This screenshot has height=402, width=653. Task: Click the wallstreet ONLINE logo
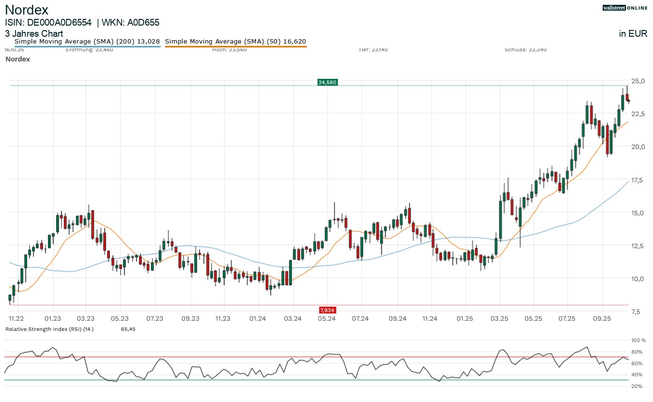pos(624,8)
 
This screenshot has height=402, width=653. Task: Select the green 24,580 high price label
pos(327,82)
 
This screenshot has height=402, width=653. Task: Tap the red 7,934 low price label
pos(327,310)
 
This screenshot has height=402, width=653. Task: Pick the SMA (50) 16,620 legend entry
pos(235,42)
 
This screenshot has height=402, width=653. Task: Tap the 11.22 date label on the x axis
pos(16,318)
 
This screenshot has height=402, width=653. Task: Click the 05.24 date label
pos(327,318)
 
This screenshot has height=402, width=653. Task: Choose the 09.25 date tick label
pos(602,318)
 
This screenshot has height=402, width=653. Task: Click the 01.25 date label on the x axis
pos(465,318)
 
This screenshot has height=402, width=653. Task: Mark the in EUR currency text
pos(633,34)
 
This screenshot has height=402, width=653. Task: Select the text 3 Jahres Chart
pos(34,34)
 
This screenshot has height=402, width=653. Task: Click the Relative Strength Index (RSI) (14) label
pos(49,329)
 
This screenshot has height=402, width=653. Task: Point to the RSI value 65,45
pos(128,329)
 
